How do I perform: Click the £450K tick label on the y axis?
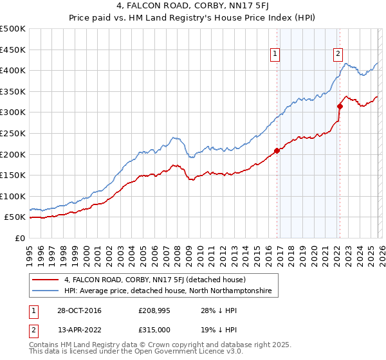[x=13, y=50]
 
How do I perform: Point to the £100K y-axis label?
[x=13, y=196]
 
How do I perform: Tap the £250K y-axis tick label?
[x=13, y=133]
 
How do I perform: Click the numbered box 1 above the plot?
[x=275, y=54]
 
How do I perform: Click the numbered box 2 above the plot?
[x=338, y=54]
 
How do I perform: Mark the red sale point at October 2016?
[x=277, y=150]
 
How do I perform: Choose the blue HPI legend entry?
[x=168, y=291]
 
